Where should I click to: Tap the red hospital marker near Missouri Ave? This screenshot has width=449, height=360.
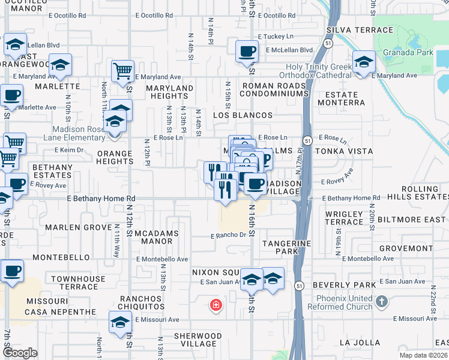215,306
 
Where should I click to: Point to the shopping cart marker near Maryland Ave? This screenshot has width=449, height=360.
122,71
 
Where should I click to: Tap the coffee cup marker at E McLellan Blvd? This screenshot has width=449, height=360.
246,52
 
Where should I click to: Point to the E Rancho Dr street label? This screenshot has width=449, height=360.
228,236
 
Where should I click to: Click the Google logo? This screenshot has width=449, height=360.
20,353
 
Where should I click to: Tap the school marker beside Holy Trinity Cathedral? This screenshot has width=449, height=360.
363,63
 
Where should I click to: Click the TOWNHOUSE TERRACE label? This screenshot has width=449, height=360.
78,283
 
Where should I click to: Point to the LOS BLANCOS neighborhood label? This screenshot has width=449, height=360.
243,115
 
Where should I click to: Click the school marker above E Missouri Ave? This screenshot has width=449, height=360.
121,323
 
